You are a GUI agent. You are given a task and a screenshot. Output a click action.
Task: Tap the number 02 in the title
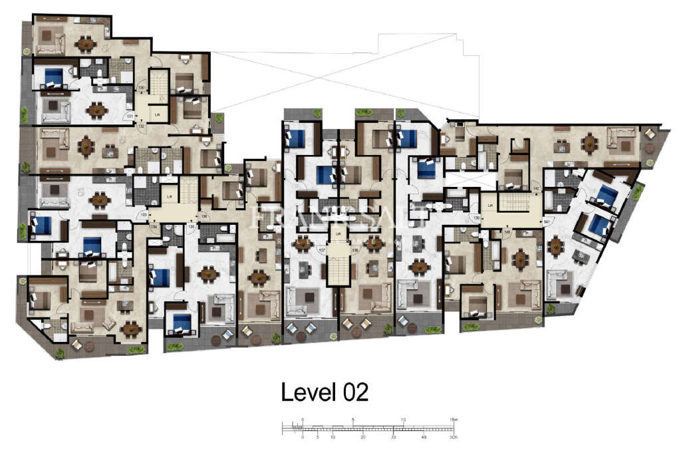[x=352, y=392]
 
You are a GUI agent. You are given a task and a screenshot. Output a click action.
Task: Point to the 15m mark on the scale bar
[x=454, y=420]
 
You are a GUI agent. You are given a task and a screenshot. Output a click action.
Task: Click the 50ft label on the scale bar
[x=452, y=437]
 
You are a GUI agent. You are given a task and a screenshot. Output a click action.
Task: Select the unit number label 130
[x=141, y=88]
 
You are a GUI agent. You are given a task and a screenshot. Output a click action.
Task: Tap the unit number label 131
[x=130, y=115]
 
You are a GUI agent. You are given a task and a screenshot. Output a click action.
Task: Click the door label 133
[x=142, y=215]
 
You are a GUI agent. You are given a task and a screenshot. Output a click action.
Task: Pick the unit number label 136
[x=204, y=215]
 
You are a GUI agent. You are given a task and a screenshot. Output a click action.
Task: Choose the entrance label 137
[x=322, y=251]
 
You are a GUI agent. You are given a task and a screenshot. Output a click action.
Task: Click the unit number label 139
[x=476, y=218]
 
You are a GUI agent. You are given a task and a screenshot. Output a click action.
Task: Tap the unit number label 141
[x=547, y=221]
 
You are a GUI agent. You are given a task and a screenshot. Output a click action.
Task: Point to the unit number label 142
[x=535, y=190]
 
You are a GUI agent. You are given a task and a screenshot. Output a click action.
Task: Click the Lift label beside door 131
[x=157, y=115]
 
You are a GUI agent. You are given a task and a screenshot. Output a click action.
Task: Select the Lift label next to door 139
[x=490, y=206]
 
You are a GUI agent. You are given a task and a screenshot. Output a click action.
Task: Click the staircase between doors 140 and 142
[x=519, y=204]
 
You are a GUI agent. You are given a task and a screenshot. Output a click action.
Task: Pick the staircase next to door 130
[x=158, y=83]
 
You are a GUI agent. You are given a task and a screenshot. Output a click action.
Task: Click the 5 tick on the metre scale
[x=353, y=420]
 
